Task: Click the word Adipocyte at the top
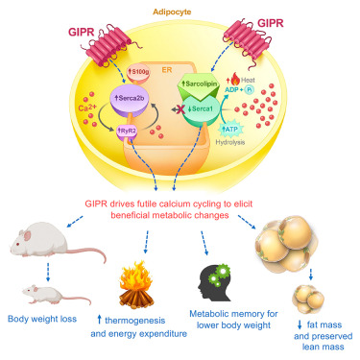[180, 13]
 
